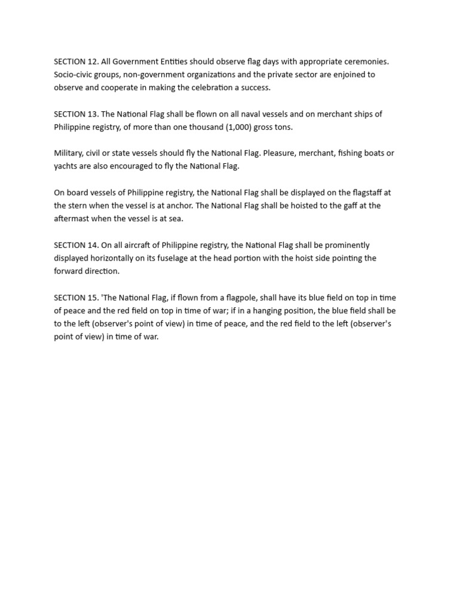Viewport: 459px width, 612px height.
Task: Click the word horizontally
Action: (x=120, y=258)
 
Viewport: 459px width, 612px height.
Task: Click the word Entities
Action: (x=174, y=62)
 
